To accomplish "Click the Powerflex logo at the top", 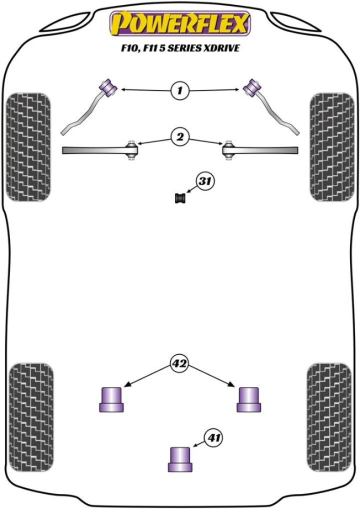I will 180,24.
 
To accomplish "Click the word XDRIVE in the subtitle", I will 219,49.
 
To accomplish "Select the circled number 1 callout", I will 179,90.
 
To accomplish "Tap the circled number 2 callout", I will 179,136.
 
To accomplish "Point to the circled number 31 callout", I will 203,182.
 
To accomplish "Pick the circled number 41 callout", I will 213,438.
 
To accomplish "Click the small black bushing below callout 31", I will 180,198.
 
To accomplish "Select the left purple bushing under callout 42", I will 111,399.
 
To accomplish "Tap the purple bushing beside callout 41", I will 180,458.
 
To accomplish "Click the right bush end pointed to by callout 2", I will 229,150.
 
